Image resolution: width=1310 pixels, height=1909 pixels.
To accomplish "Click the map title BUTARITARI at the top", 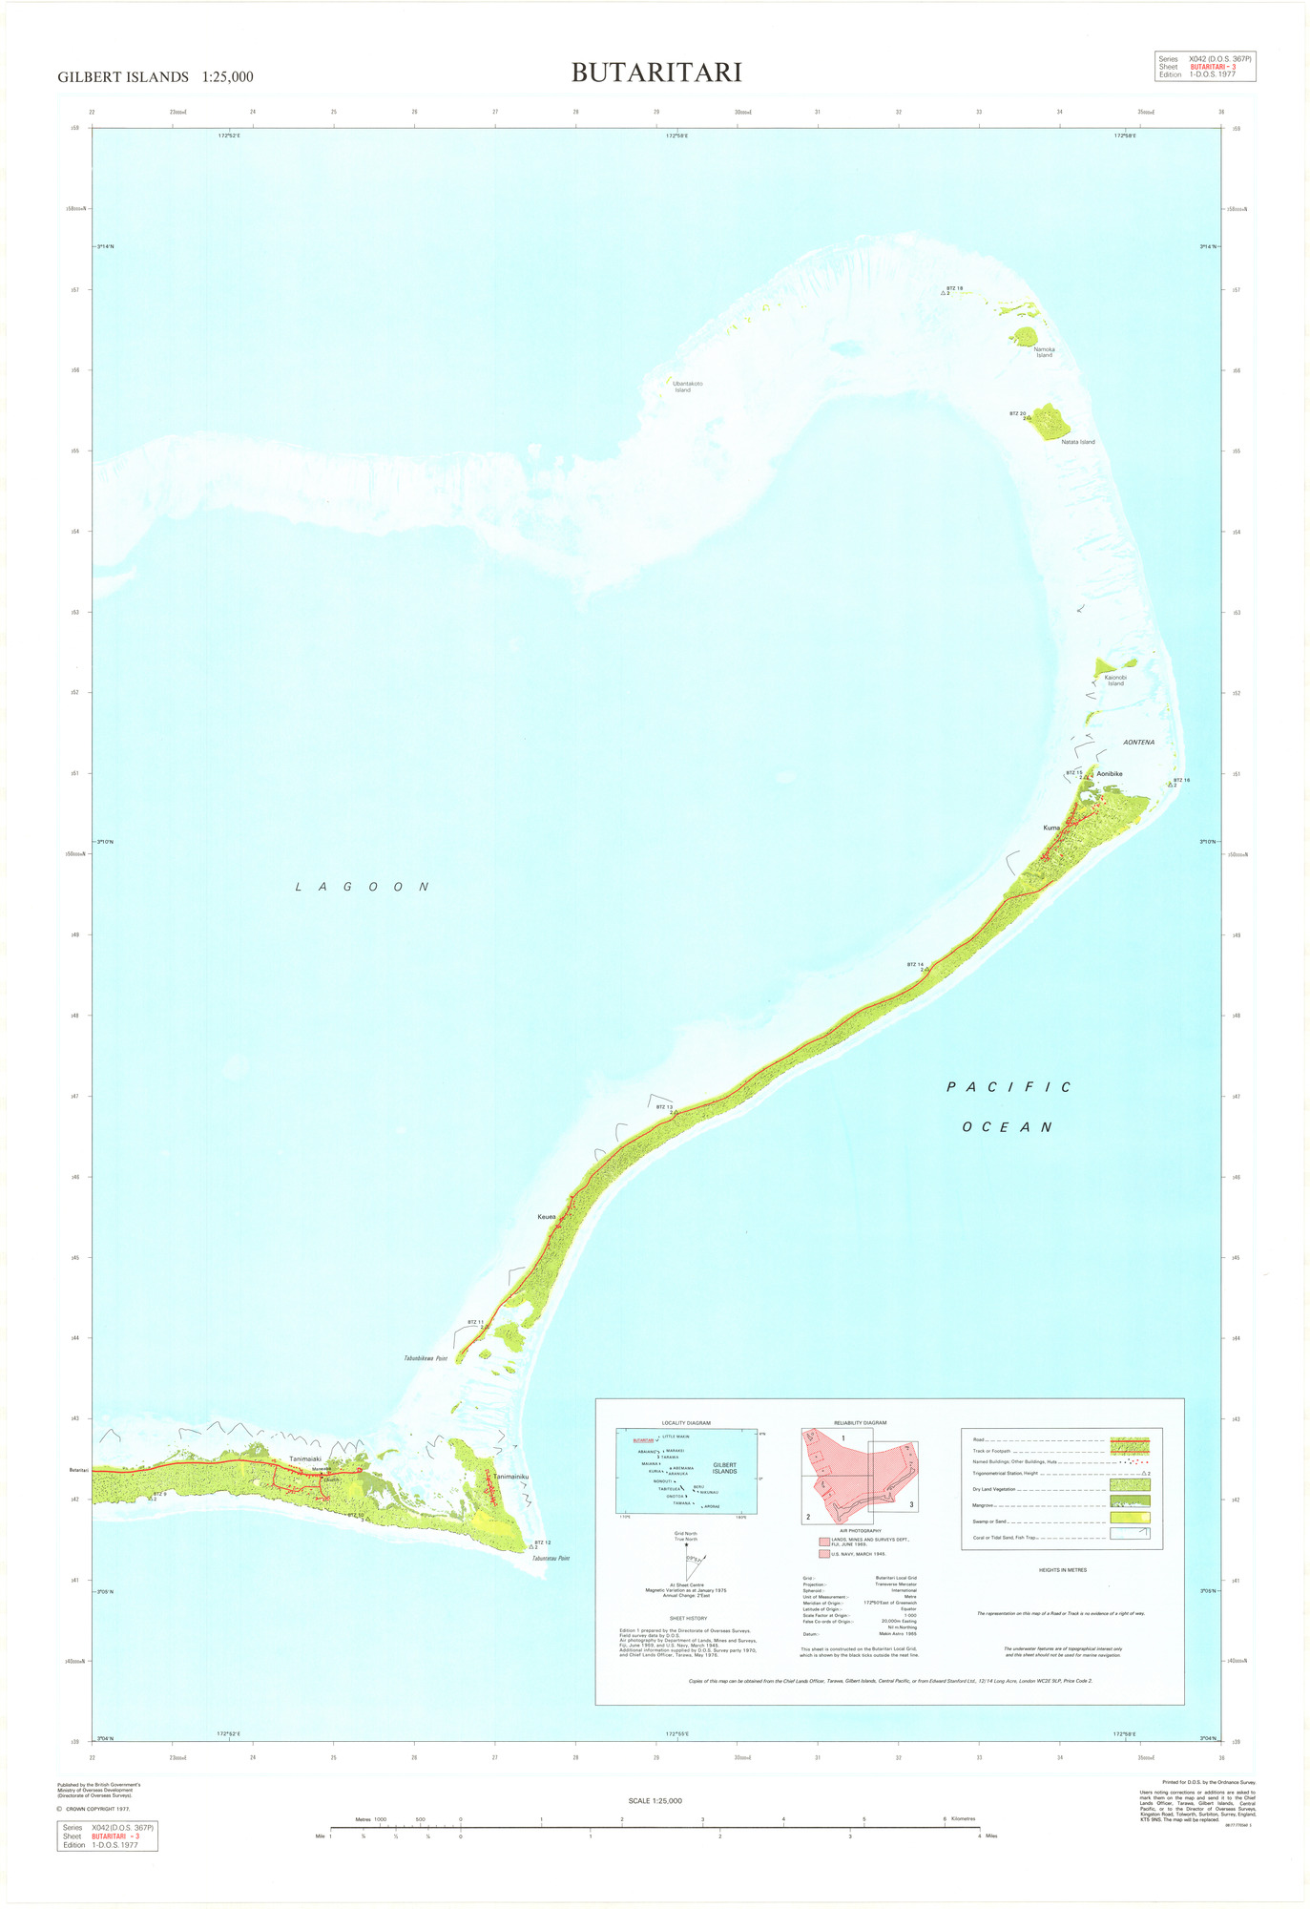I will point(656,73).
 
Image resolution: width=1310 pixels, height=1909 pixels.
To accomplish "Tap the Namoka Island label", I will point(1044,352).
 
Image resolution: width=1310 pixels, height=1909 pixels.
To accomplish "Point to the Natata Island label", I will point(1078,442).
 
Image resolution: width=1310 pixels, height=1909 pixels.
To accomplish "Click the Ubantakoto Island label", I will point(682,387).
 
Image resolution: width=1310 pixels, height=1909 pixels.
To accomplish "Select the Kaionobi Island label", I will point(1115,681).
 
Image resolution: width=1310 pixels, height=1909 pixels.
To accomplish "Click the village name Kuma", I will point(1051,828).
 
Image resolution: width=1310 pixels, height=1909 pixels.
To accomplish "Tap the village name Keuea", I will point(547,1217).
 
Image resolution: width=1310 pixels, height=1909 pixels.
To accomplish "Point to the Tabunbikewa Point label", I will point(426,1358).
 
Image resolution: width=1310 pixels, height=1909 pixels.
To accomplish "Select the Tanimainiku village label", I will point(510,1477).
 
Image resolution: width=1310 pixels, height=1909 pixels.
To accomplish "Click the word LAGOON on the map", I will point(362,887).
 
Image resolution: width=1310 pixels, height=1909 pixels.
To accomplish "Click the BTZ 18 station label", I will point(954,288).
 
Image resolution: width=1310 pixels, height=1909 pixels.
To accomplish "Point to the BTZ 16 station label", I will point(1181,780).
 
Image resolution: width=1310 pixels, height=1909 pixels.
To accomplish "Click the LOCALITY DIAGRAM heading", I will point(686,1423).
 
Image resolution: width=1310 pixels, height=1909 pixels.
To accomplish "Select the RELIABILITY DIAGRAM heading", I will point(860,1423).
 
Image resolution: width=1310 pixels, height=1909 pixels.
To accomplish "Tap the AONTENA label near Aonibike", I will point(1138,742).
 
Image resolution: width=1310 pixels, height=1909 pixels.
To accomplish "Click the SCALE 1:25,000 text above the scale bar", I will point(655,1800).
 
